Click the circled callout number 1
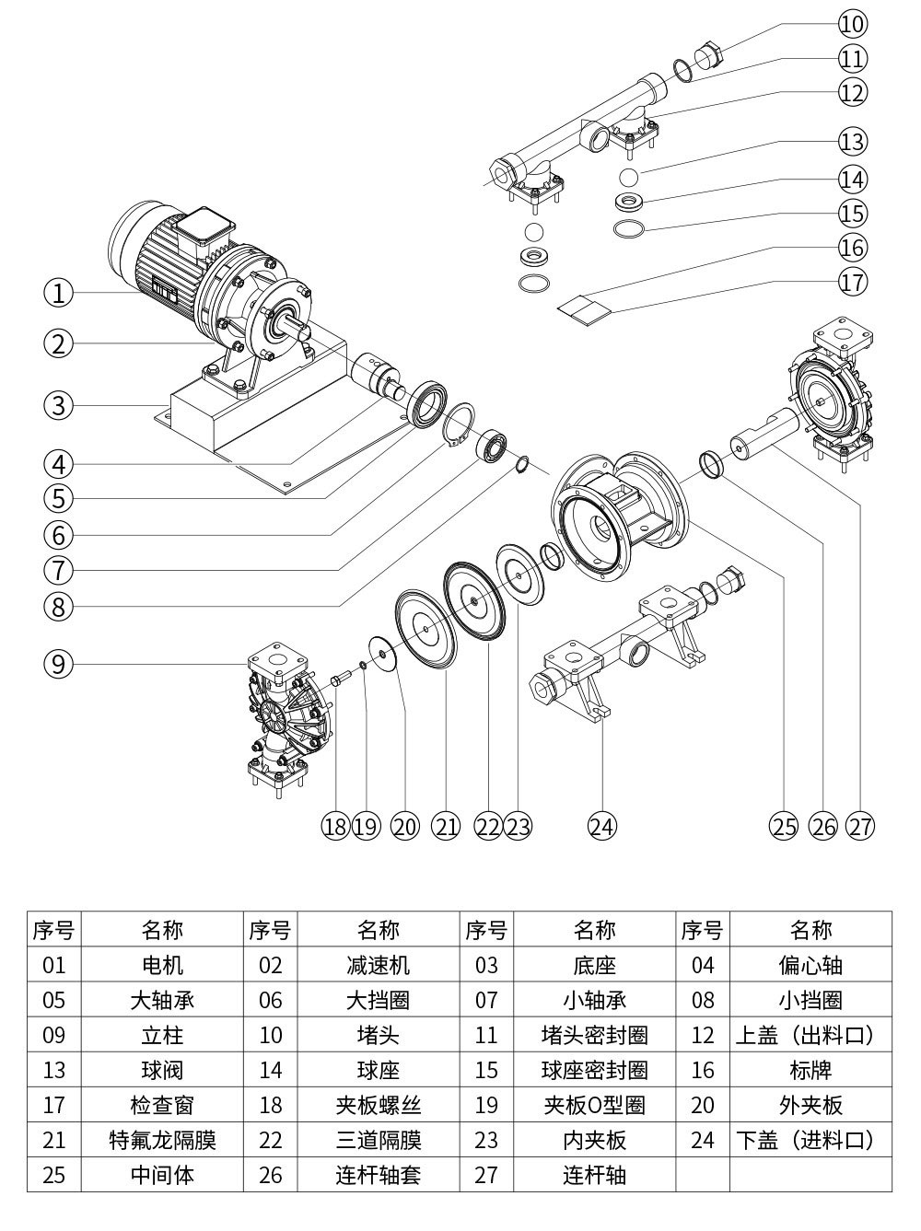pyautogui.click(x=58, y=293)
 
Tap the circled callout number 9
pyautogui.click(x=58, y=663)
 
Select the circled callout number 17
pyautogui.click(x=852, y=281)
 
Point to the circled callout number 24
pyautogui.click(x=600, y=826)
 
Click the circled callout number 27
pyautogui.click(x=859, y=826)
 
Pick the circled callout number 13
pyautogui.click(x=852, y=142)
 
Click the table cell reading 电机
pyautogui.click(x=162, y=965)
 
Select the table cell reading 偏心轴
pyautogui.click(x=810, y=965)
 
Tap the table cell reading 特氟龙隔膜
pyautogui.click(x=162, y=1140)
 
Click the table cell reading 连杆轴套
pyautogui.click(x=379, y=1175)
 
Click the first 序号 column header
pyautogui.click(x=54, y=930)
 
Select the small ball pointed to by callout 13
pyautogui.click(x=629, y=176)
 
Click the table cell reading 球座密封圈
pyautogui.click(x=594, y=1070)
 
